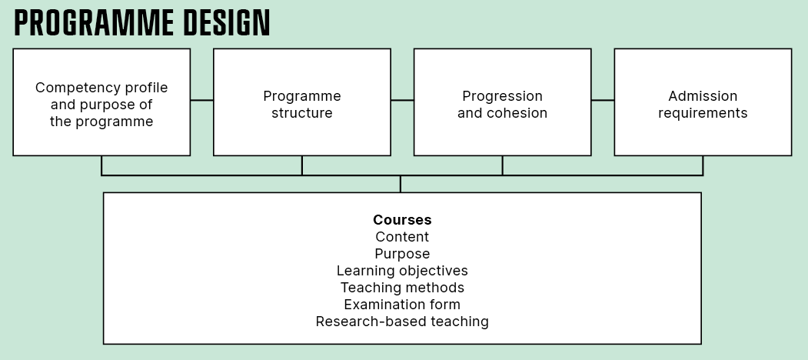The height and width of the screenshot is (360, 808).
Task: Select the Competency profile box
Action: tap(101, 102)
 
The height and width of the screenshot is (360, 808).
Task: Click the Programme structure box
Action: tap(302, 102)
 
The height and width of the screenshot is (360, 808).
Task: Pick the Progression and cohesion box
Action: tap(503, 102)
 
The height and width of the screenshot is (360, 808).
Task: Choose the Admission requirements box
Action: tap(703, 102)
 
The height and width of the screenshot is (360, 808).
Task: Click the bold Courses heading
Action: tap(402, 220)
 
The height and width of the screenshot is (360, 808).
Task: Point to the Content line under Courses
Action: tap(402, 237)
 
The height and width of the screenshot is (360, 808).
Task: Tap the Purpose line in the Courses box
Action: tap(402, 254)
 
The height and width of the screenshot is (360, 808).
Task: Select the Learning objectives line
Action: tap(402, 271)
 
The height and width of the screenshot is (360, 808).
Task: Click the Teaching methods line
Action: tap(402, 288)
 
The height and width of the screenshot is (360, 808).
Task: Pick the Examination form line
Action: tap(402, 305)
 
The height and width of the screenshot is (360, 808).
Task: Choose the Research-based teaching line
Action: tap(402, 322)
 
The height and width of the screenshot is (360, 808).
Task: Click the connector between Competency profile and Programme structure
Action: tap(201, 100)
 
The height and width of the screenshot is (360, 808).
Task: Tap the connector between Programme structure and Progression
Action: tap(402, 100)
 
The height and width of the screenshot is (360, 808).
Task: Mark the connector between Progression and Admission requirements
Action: tap(603, 100)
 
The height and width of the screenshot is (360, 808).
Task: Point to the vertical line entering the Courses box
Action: tap(401, 184)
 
